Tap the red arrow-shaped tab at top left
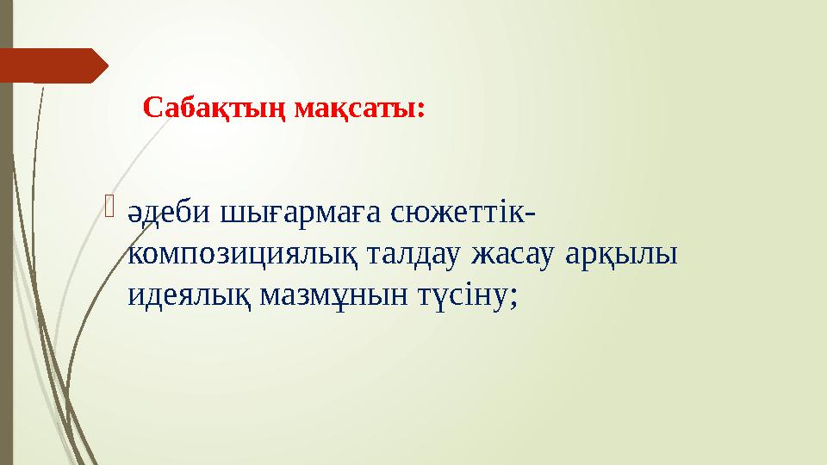click(x=52, y=65)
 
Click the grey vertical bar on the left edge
click(x=6, y=258)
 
